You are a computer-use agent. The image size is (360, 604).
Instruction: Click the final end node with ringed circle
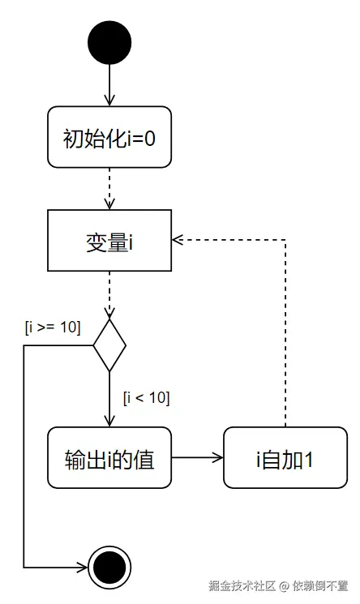point(109,567)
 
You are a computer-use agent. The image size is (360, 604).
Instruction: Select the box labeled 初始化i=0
point(109,137)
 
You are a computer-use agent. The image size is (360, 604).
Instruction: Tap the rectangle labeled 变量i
point(109,240)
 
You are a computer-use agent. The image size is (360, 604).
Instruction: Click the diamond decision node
point(109,345)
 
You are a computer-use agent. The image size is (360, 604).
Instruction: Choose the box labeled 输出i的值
point(109,458)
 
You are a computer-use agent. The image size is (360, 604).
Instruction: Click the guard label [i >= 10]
point(54,328)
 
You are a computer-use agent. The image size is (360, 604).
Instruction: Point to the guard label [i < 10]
point(146,397)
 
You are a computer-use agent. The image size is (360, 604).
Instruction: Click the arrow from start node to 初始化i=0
point(109,85)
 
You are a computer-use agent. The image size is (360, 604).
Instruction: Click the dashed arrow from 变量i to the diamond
point(109,293)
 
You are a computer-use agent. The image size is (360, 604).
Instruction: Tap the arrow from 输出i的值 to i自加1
point(197,458)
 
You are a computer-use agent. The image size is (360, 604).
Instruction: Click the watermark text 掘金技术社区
point(242,585)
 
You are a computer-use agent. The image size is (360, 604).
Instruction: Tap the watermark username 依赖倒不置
point(320,585)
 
